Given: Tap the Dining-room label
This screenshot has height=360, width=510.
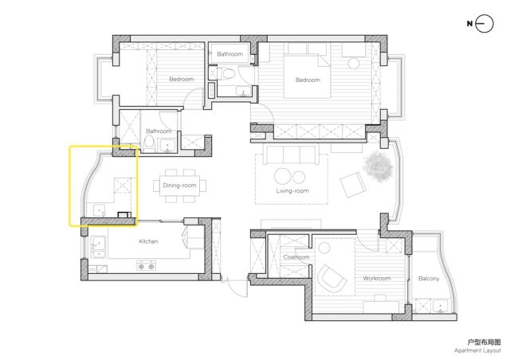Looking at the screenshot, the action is [179, 186].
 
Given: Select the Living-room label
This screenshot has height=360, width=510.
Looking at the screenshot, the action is [292, 191].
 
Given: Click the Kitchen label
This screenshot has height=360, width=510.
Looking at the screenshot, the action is [148, 241].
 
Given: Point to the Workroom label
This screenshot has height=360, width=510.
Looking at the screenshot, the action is [377, 279].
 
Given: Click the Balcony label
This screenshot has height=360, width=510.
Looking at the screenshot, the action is [429, 279].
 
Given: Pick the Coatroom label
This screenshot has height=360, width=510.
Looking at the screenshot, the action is [296, 257].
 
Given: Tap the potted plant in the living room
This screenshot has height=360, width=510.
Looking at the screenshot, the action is [378, 166].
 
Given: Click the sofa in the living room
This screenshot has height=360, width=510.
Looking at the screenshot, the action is [291, 155].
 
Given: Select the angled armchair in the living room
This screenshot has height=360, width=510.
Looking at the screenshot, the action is [353, 185].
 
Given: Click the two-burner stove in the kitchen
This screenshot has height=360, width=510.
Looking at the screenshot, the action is [146, 265].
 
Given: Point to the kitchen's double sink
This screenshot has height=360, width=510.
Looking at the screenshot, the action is [97, 247].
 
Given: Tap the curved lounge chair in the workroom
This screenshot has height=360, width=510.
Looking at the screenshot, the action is [332, 278].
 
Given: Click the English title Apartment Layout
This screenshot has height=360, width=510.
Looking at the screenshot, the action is [477, 350].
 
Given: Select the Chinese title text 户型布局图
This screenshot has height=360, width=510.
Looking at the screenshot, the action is [484, 342].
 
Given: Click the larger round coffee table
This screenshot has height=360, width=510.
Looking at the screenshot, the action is [282, 176].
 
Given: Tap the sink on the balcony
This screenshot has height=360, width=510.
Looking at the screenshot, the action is [441, 307].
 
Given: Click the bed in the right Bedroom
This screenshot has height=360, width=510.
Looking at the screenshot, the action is [308, 76].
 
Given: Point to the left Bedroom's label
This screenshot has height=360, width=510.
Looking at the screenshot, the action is [182, 79].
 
